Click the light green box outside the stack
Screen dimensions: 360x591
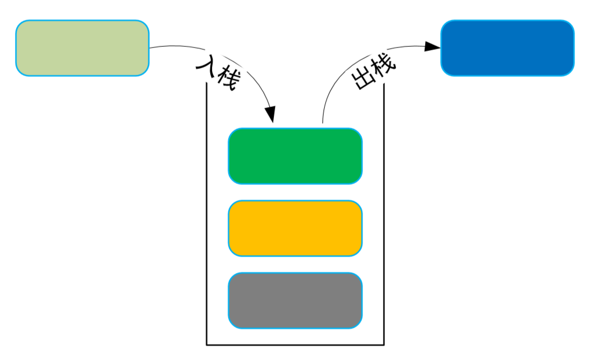pyautogui.click(x=82, y=48)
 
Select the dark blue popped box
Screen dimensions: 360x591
pyautogui.click(x=507, y=48)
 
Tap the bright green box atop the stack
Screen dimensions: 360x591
pyautogui.click(x=295, y=156)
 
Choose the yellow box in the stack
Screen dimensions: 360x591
pyautogui.click(x=295, y=228)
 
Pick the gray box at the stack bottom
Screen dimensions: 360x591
pyautogui.click(x=295, y=300)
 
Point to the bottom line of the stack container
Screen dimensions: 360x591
pyautogui.click(x=295, y=345)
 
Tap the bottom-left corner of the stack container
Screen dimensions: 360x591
pyautogui.click(x=206, y=345)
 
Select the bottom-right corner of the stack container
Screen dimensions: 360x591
pyautogui.click(x=384, y=345)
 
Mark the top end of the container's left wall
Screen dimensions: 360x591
pyautogui.click(x=206, y=84)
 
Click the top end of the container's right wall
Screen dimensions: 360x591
pyautogui.click(x=384, y=84)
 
